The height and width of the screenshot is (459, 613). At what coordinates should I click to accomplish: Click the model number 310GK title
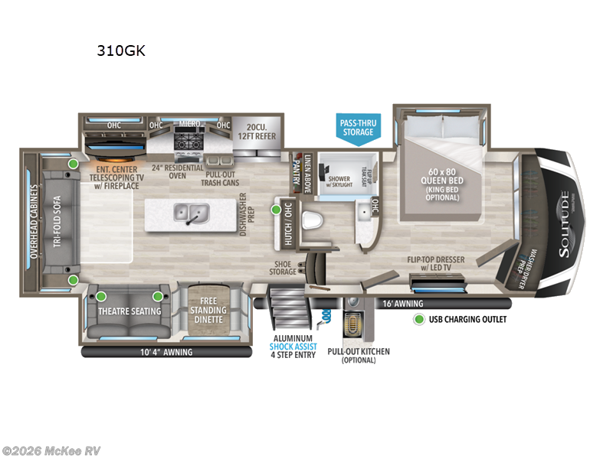[121, 51]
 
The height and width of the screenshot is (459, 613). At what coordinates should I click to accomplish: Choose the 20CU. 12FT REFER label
[256, 132]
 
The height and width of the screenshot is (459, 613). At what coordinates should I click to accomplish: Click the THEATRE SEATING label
[129, 311]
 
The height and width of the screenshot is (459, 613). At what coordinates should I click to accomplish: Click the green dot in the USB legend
[419, 319]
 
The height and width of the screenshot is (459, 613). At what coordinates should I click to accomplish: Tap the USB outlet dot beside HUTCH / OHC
[276, 208]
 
